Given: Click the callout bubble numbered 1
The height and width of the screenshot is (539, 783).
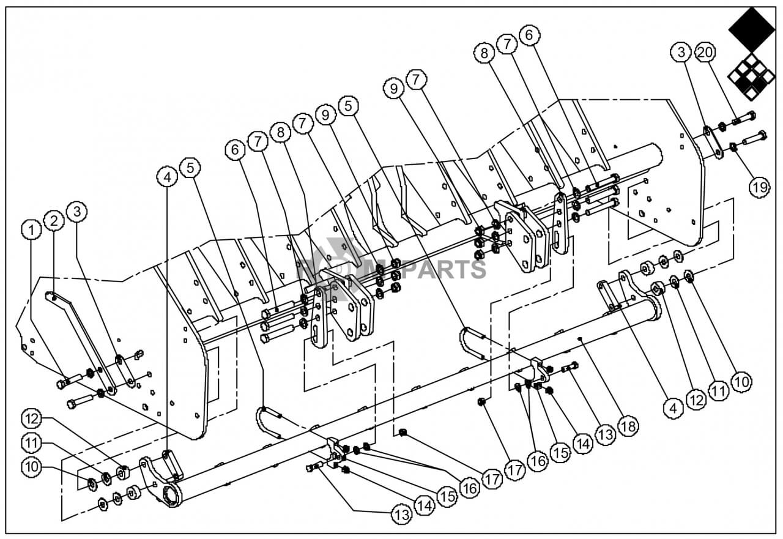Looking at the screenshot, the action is coord(31,230).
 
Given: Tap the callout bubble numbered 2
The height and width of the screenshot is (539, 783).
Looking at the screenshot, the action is coord(54,221).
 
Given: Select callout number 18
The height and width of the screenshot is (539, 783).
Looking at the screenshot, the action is coord(628,426).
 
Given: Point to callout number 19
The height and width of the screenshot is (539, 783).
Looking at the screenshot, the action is coord(760,187).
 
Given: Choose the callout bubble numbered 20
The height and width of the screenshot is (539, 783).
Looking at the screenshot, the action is coord(705,53).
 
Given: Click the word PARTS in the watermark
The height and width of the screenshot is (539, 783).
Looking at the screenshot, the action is coord(443,269).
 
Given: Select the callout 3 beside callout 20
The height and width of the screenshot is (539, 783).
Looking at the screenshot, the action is coord(681,53).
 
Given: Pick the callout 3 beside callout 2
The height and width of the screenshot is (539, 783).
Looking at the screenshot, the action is coord(77,212).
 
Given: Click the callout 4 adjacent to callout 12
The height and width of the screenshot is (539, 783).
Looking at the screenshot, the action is coord(674,407).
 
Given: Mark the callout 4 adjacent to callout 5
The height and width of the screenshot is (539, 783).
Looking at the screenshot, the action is coord(167,177).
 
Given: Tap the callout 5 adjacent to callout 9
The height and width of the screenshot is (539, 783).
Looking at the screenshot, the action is coord(348,106).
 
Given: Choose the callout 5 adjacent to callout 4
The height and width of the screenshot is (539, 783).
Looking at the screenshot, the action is coord(190,168).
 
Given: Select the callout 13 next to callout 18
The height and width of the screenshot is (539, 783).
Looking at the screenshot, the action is coord(606,434).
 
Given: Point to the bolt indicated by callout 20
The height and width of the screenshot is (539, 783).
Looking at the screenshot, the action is coord(743,118).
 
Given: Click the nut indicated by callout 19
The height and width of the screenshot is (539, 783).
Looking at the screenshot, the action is coord(733,147).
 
